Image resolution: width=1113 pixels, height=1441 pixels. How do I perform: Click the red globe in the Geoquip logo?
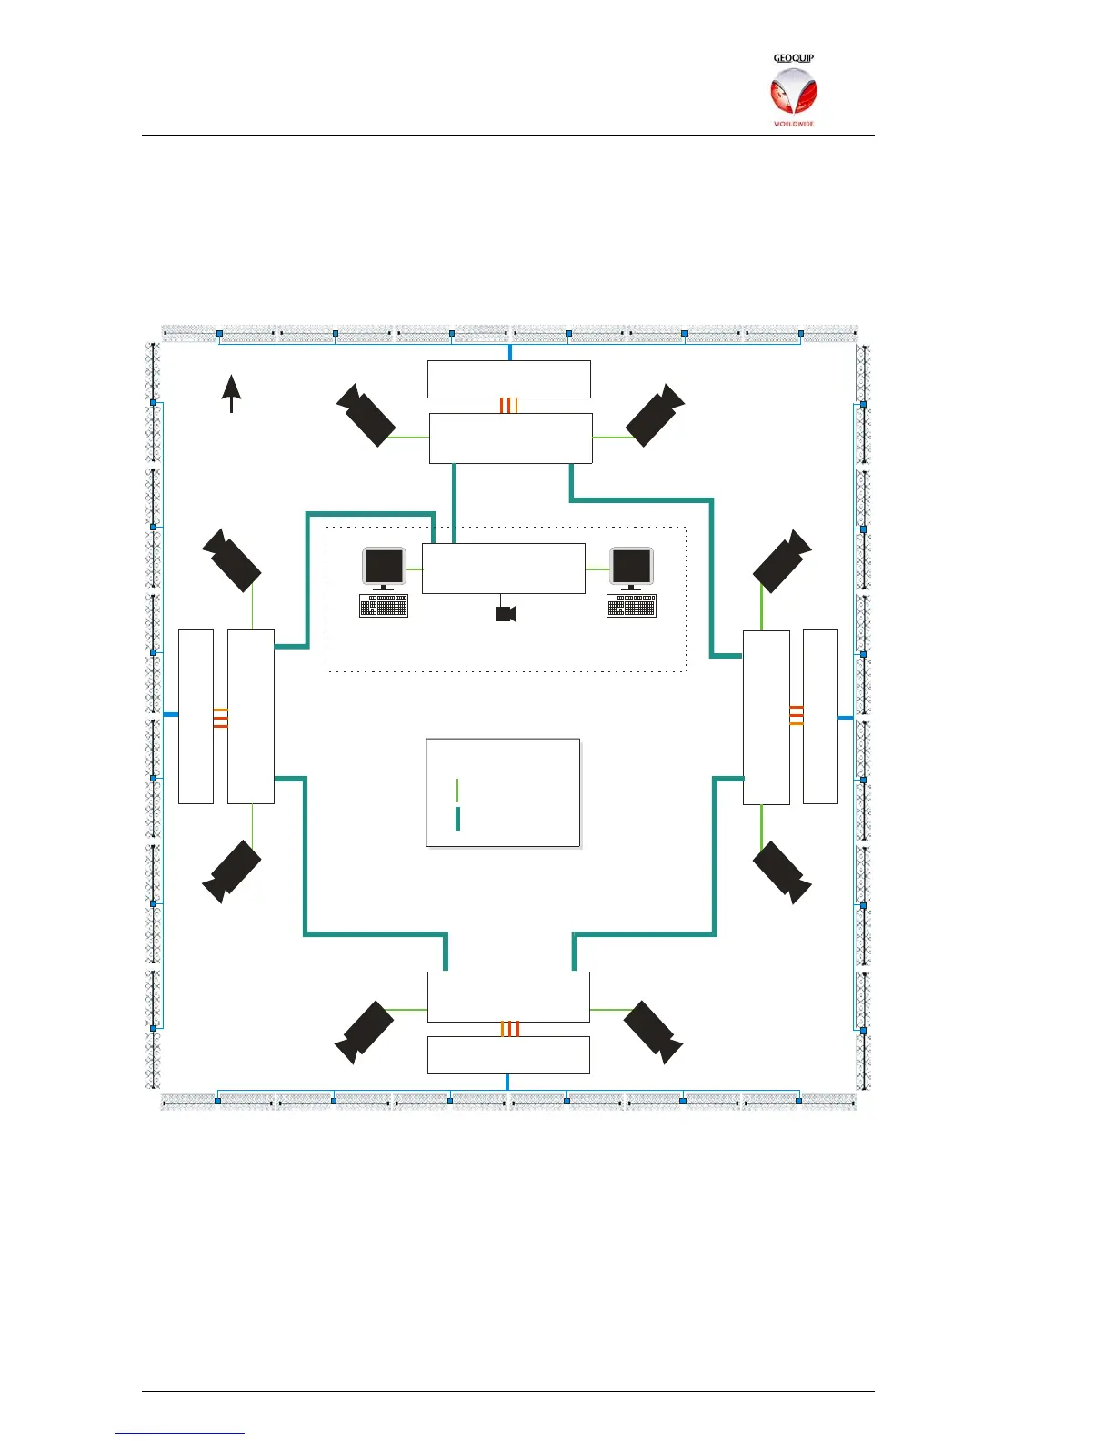[793, 93]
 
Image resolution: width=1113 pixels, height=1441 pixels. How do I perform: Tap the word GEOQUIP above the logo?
[793, 58]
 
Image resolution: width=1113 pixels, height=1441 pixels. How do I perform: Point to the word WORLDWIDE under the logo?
[794, 124]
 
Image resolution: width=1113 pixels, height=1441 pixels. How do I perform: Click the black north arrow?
[231, 394]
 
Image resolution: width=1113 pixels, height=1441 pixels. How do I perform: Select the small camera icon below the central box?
[506, 614]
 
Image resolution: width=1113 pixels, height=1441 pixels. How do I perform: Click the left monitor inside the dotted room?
[384, 569]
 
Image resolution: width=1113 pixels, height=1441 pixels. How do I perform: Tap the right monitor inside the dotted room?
[631, 569]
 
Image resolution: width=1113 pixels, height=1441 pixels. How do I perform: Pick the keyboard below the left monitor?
[384, 606]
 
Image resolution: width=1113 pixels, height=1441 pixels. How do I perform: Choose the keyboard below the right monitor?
[631, 606]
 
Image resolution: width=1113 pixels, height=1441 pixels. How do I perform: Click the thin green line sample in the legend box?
[457, 790]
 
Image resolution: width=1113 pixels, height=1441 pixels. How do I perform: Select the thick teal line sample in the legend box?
[457, 819]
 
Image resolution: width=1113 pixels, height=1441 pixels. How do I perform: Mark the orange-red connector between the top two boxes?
[508, 406]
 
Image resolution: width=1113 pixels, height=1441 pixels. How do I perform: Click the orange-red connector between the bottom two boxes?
[510, 1029]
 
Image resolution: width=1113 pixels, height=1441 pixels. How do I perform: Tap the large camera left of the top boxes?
[366, 415]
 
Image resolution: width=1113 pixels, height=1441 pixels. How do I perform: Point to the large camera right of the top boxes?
[655, 415]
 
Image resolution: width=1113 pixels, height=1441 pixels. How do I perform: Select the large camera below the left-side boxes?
[231, 872]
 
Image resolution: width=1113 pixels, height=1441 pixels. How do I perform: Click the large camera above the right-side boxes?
[782, 561]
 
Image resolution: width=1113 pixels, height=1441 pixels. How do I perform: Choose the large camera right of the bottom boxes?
[653, 1033]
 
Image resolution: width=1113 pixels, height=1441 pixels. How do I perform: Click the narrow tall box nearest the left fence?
[196, 716]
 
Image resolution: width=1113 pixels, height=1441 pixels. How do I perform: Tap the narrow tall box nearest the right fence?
[821, 716]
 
